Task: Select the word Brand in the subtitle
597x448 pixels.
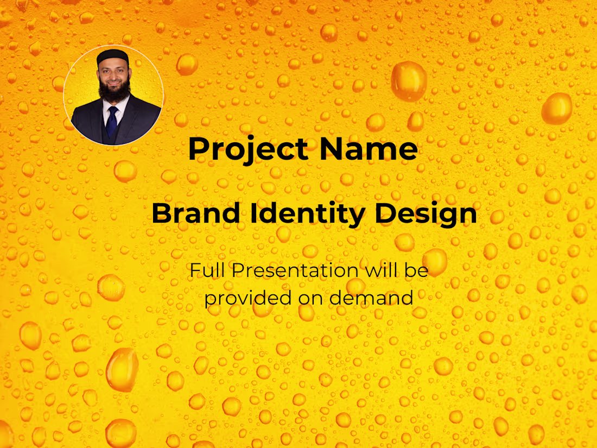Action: point(195,214)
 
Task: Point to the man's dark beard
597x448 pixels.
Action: point(114,92)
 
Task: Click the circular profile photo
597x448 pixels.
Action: point(113,95)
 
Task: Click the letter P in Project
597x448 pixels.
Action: point(198,149)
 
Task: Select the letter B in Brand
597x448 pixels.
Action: point(161,214)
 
